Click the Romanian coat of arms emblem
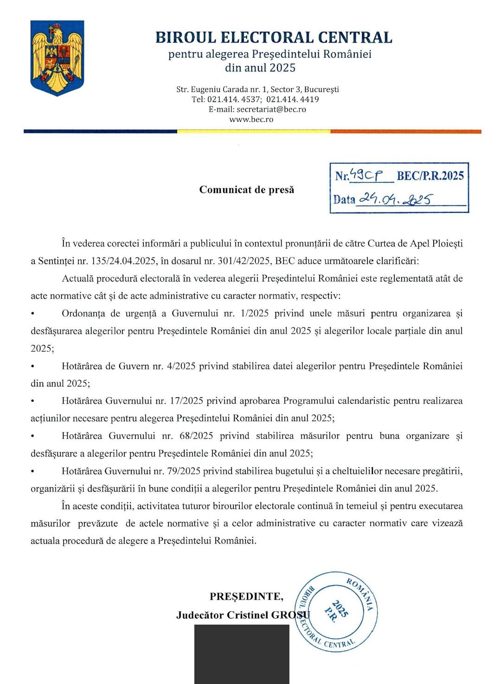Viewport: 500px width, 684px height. pos(57,58)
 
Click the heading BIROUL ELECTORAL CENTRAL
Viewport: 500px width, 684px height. pos(274,37)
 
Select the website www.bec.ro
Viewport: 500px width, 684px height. pos(251,119)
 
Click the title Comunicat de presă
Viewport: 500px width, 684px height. pos(247,190)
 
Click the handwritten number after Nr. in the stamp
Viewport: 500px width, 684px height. pos(366,175)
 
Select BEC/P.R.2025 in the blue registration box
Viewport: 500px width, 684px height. pos(430,175)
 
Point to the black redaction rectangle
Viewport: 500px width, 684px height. pos(242,654)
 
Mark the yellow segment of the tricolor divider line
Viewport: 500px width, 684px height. pos(253,131)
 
